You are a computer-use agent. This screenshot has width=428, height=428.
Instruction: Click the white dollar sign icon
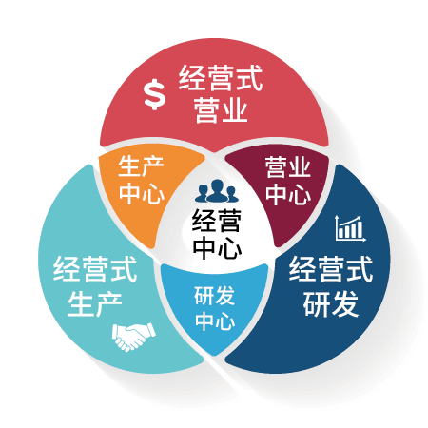tap(154, 94)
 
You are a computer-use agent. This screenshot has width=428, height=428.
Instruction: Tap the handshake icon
tap(134, 337)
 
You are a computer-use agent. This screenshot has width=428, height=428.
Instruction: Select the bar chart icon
tap(350, 228)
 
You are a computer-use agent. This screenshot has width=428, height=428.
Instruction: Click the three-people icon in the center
tap(217, 191)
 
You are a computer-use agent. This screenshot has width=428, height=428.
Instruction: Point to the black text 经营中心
tap(217, 234)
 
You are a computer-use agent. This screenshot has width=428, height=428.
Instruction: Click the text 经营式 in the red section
tap(221, 78)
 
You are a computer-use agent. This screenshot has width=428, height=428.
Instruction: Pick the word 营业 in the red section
tap(221, 109)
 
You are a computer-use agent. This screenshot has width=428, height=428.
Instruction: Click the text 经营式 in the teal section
tap(95, 269)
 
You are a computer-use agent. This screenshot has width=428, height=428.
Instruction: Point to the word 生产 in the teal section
tap(95, 304)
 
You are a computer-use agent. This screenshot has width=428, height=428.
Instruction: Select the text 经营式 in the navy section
tap(331, 269)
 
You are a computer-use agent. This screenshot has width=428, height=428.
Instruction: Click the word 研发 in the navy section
tap(331, 304)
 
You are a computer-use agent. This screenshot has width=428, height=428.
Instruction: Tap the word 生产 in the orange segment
tap(141, 166)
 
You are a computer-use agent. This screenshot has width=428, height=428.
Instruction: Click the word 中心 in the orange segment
tap(142, 192)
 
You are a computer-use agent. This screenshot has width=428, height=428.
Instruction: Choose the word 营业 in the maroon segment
tap(288, 166)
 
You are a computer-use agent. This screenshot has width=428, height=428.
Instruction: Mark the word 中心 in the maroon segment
tap(288, 193)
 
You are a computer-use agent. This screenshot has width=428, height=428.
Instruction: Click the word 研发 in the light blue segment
tap(214, 296)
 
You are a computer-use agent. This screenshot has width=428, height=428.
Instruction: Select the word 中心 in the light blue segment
tap(215, 321)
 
